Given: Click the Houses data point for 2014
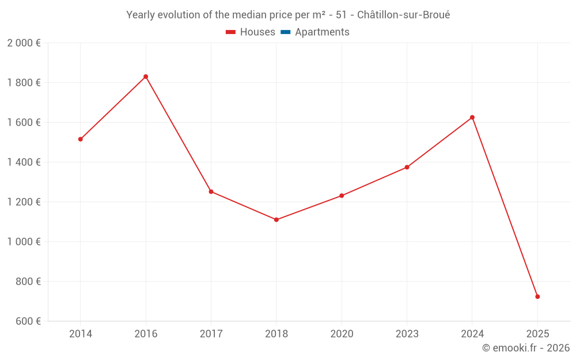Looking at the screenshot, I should point(81,139).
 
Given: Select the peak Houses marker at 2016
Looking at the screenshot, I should point(146,77).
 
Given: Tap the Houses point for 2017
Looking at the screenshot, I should point(211,191).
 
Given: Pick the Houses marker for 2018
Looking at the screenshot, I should point(276,219).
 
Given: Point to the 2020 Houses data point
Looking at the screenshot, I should point(342,196).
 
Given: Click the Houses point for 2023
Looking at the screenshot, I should point(407,167).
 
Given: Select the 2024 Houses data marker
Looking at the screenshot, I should point(472,118).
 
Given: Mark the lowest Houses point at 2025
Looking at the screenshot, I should point(537,297).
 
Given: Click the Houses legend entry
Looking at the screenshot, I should point(251,32).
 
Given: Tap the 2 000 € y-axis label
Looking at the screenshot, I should point(24,43).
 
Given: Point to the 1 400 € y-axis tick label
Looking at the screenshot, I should point(24,162).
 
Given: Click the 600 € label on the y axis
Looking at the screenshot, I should point(28,321).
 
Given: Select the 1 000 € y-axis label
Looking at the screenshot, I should point(24,242).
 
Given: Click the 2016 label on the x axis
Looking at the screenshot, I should point(146,334).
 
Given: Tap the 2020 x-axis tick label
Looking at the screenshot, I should point(342,334).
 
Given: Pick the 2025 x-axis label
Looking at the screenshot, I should point(537,334).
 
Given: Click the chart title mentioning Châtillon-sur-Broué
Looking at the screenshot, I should point(288,15).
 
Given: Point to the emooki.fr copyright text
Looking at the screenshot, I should point(526,348).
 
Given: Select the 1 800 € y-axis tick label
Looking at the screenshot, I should point(24,83).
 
